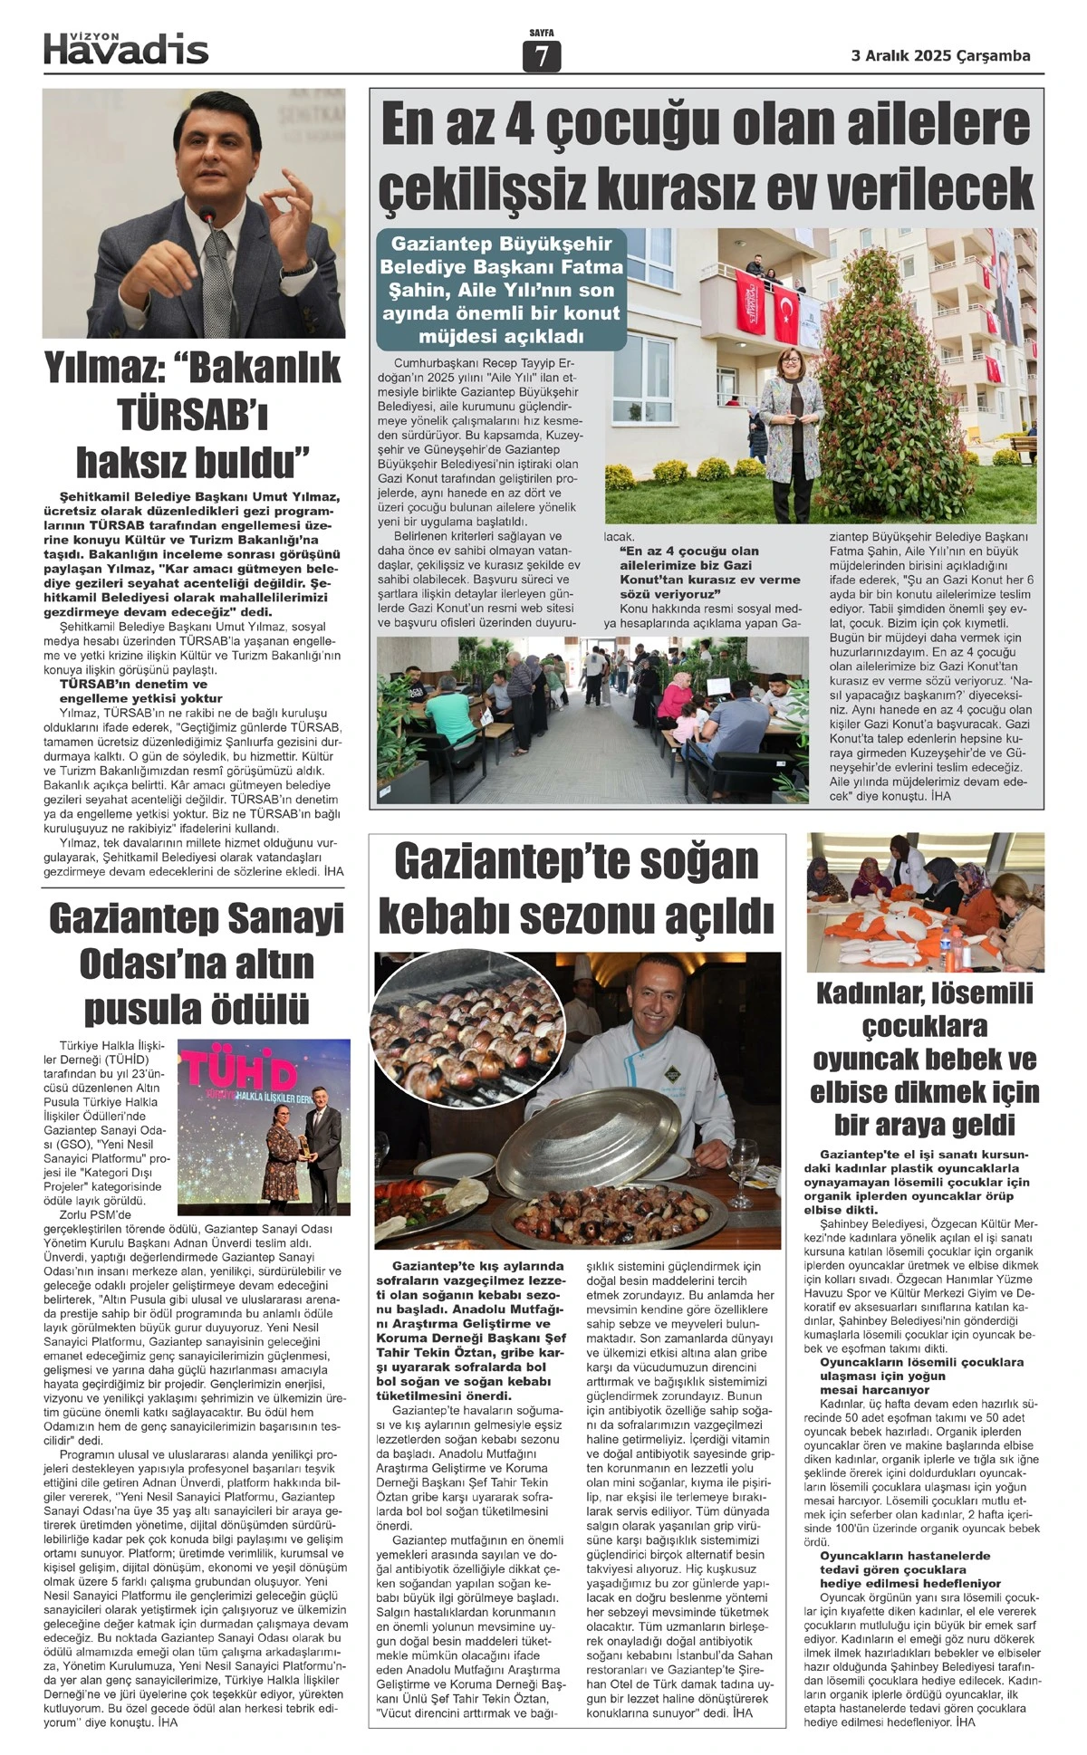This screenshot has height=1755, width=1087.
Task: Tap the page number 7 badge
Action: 542,57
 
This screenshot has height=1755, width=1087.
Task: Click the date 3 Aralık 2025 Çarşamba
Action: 940,55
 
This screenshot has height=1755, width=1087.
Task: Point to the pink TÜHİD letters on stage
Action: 240,1073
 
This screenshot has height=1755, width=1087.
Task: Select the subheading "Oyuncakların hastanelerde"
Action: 892,1555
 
